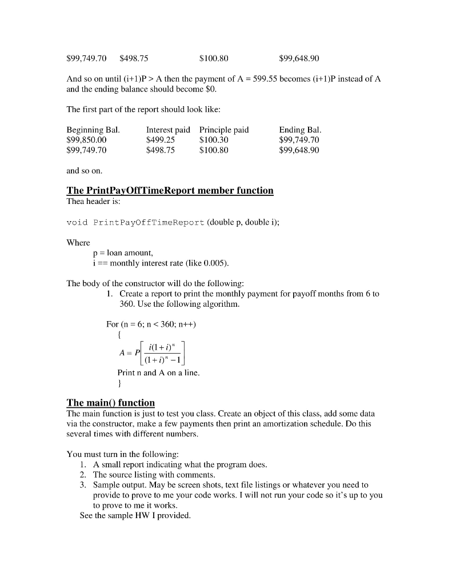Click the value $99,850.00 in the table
click(x=86, y=140)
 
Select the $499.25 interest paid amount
click(x=161, y=140)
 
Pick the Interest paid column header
click(x=168, y=130)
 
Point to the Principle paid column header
click(x=224, y=130)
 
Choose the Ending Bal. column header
click(x=301, y=130)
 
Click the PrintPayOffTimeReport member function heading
click(x=170, y=190)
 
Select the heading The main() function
click(x=111, y=402)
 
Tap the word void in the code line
click(x=77, y=222)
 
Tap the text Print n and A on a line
click(x=158, y=372)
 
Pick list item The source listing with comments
click(x=154, y=475)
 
